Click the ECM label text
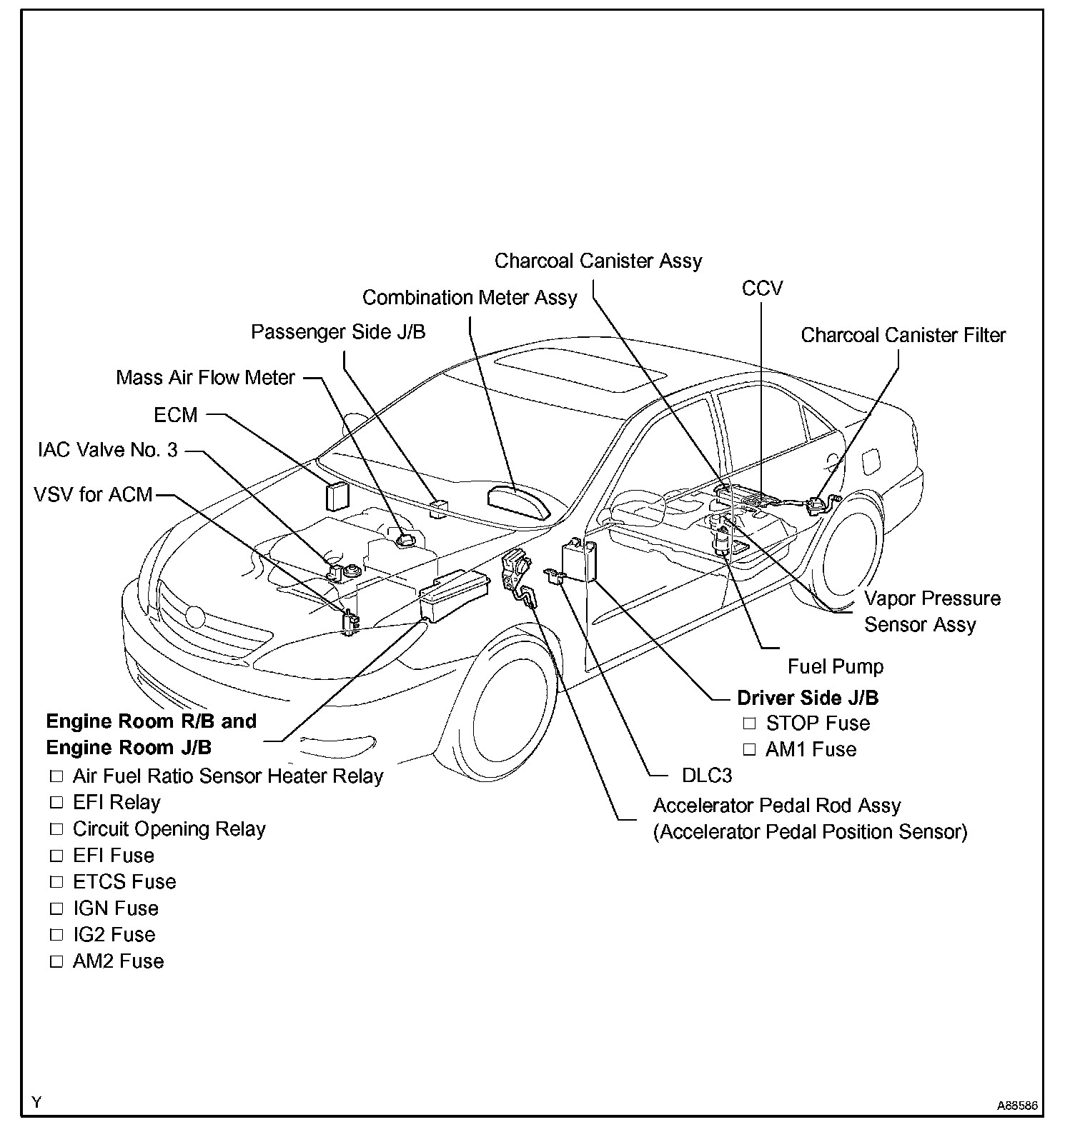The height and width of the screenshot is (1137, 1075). click(x=176, y=415)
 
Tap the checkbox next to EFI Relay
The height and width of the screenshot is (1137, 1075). click(x=56, y=803)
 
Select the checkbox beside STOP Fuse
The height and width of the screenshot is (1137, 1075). click(x=749, y=723)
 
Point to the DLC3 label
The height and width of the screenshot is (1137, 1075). click(x=706, y=776)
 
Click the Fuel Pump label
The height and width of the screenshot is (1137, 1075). click(x=835, y=667)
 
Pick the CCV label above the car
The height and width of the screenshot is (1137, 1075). click(x=762, y=289)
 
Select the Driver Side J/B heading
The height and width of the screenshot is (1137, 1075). click(x=808, y=698)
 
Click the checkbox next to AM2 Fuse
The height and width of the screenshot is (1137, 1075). click(x=56, y=962)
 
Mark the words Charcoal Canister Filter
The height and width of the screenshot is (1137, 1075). click(x=903, y=335)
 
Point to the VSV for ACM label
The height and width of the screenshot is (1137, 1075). click(x=93, y=494)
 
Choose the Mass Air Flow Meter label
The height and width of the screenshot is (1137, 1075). click(x=205, y=377)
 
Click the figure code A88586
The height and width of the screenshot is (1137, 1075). click(x=1017, y=1105)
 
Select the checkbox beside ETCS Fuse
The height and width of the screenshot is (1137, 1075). click(x=56, y=882)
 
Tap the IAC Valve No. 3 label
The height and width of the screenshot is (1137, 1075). click(x=107, y=451)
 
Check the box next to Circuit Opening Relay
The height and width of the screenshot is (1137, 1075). click(x=56, y=829)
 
